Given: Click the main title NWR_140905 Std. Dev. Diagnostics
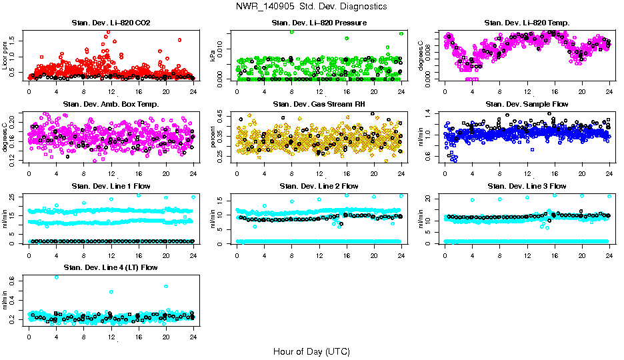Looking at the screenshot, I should pos(311,7).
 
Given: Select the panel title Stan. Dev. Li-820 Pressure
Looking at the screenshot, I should pos(319,23).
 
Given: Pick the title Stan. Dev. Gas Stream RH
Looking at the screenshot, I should pos(319,104).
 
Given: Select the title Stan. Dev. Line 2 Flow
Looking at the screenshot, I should pos(319,186).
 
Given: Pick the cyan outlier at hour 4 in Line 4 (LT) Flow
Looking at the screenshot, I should pos(56,277).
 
